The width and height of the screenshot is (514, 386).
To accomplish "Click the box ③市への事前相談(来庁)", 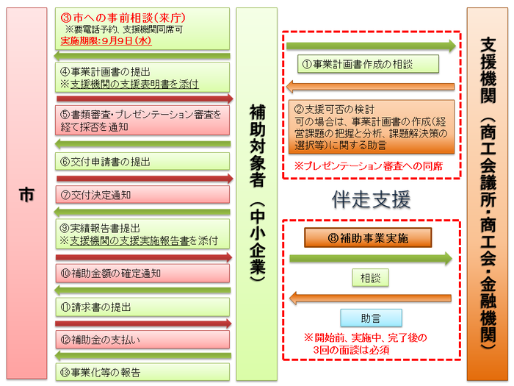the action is (142, 29).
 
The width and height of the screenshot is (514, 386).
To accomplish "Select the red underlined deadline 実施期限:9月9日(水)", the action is (106, 40).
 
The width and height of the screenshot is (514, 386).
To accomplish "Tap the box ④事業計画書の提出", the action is (142, 77).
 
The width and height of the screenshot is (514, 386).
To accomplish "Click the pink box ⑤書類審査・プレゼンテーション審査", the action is (142, 121).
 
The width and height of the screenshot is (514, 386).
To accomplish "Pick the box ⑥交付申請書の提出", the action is (142, 162).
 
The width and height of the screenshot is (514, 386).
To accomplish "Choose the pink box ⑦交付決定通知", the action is (142, 195).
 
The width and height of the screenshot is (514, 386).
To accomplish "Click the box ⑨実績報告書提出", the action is (142, 234).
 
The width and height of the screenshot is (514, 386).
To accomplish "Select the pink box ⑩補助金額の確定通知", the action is (142, 273).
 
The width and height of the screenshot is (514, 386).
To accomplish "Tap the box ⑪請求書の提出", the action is (142, 307).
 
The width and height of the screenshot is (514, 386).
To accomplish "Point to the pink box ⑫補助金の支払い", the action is (142, 340).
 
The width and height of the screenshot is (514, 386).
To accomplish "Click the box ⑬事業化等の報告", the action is (142, 372).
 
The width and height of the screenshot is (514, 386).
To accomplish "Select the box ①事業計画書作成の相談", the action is (368, 64).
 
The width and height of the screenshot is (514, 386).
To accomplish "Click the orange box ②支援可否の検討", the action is (372, 126).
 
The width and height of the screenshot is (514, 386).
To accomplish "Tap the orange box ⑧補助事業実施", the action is (368, 237).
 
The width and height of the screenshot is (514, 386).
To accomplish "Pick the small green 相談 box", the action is (370, 278).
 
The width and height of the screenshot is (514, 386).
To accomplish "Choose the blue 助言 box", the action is (371, 318).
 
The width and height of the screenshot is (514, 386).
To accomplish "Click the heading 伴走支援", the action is (371, 199).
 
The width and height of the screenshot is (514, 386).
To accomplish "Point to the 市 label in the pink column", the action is (26, 195).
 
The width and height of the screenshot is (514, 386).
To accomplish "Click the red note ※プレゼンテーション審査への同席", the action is (369, 166).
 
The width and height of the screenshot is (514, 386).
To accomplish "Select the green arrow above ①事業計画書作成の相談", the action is (371, 46).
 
